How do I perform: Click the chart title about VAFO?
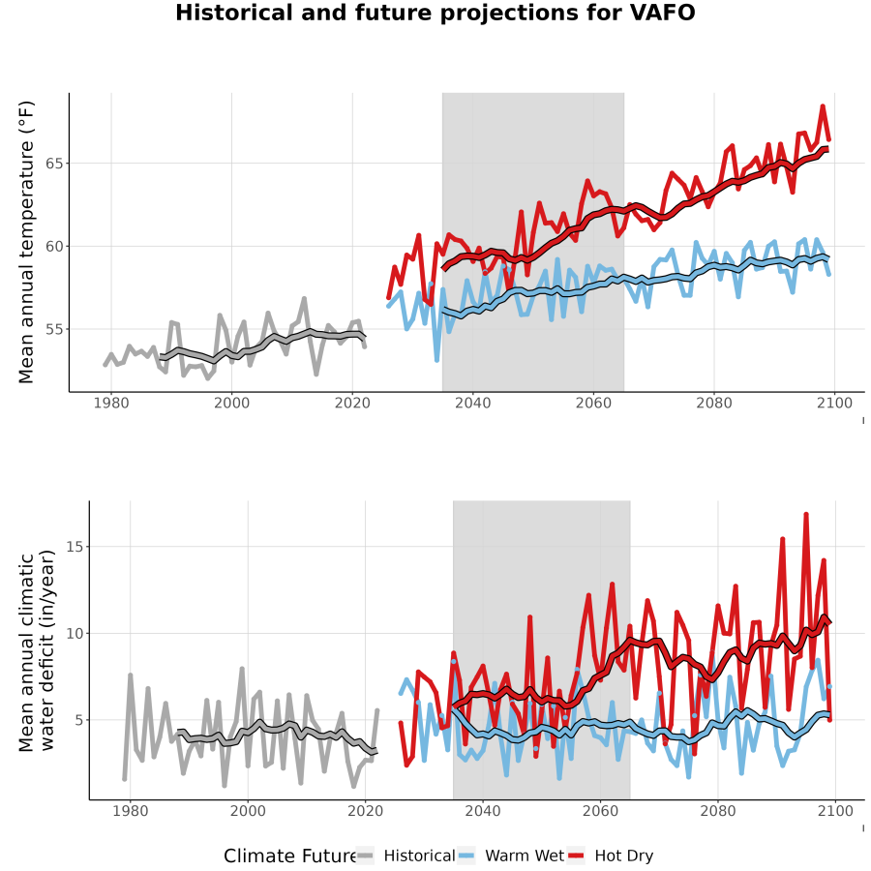click(x=435, y=13)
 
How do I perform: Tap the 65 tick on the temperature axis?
click(x=53, y=164)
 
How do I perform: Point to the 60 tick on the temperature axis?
click(x=53, y=247)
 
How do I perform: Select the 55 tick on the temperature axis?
click(x=53, y=329)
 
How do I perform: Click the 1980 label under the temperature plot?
click(x=111, y=403)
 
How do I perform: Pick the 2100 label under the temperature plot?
click(x=834, y=403)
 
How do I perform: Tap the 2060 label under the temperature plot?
click(x=593, y=403)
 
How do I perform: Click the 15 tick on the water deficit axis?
click(x=74, y=547)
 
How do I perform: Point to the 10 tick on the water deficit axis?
click(x=74, y=633)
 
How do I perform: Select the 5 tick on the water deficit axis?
click(x=78, y=720)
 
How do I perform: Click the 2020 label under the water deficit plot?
click(x=365, y=811)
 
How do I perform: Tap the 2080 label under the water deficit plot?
click(x=718, y=811)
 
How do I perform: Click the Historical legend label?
click(x=419, y=856)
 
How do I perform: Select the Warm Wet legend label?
click(x=525, y=856)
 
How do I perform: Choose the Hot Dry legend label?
click(x=624, y=856)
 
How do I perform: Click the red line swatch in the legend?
click(x=577, y=856)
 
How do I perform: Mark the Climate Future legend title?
click(x=290, y=856)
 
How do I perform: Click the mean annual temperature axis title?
click(x=26, y=242)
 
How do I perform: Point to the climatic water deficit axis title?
click(x=37, y=650)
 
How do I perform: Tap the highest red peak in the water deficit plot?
click(x=806, y=515)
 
